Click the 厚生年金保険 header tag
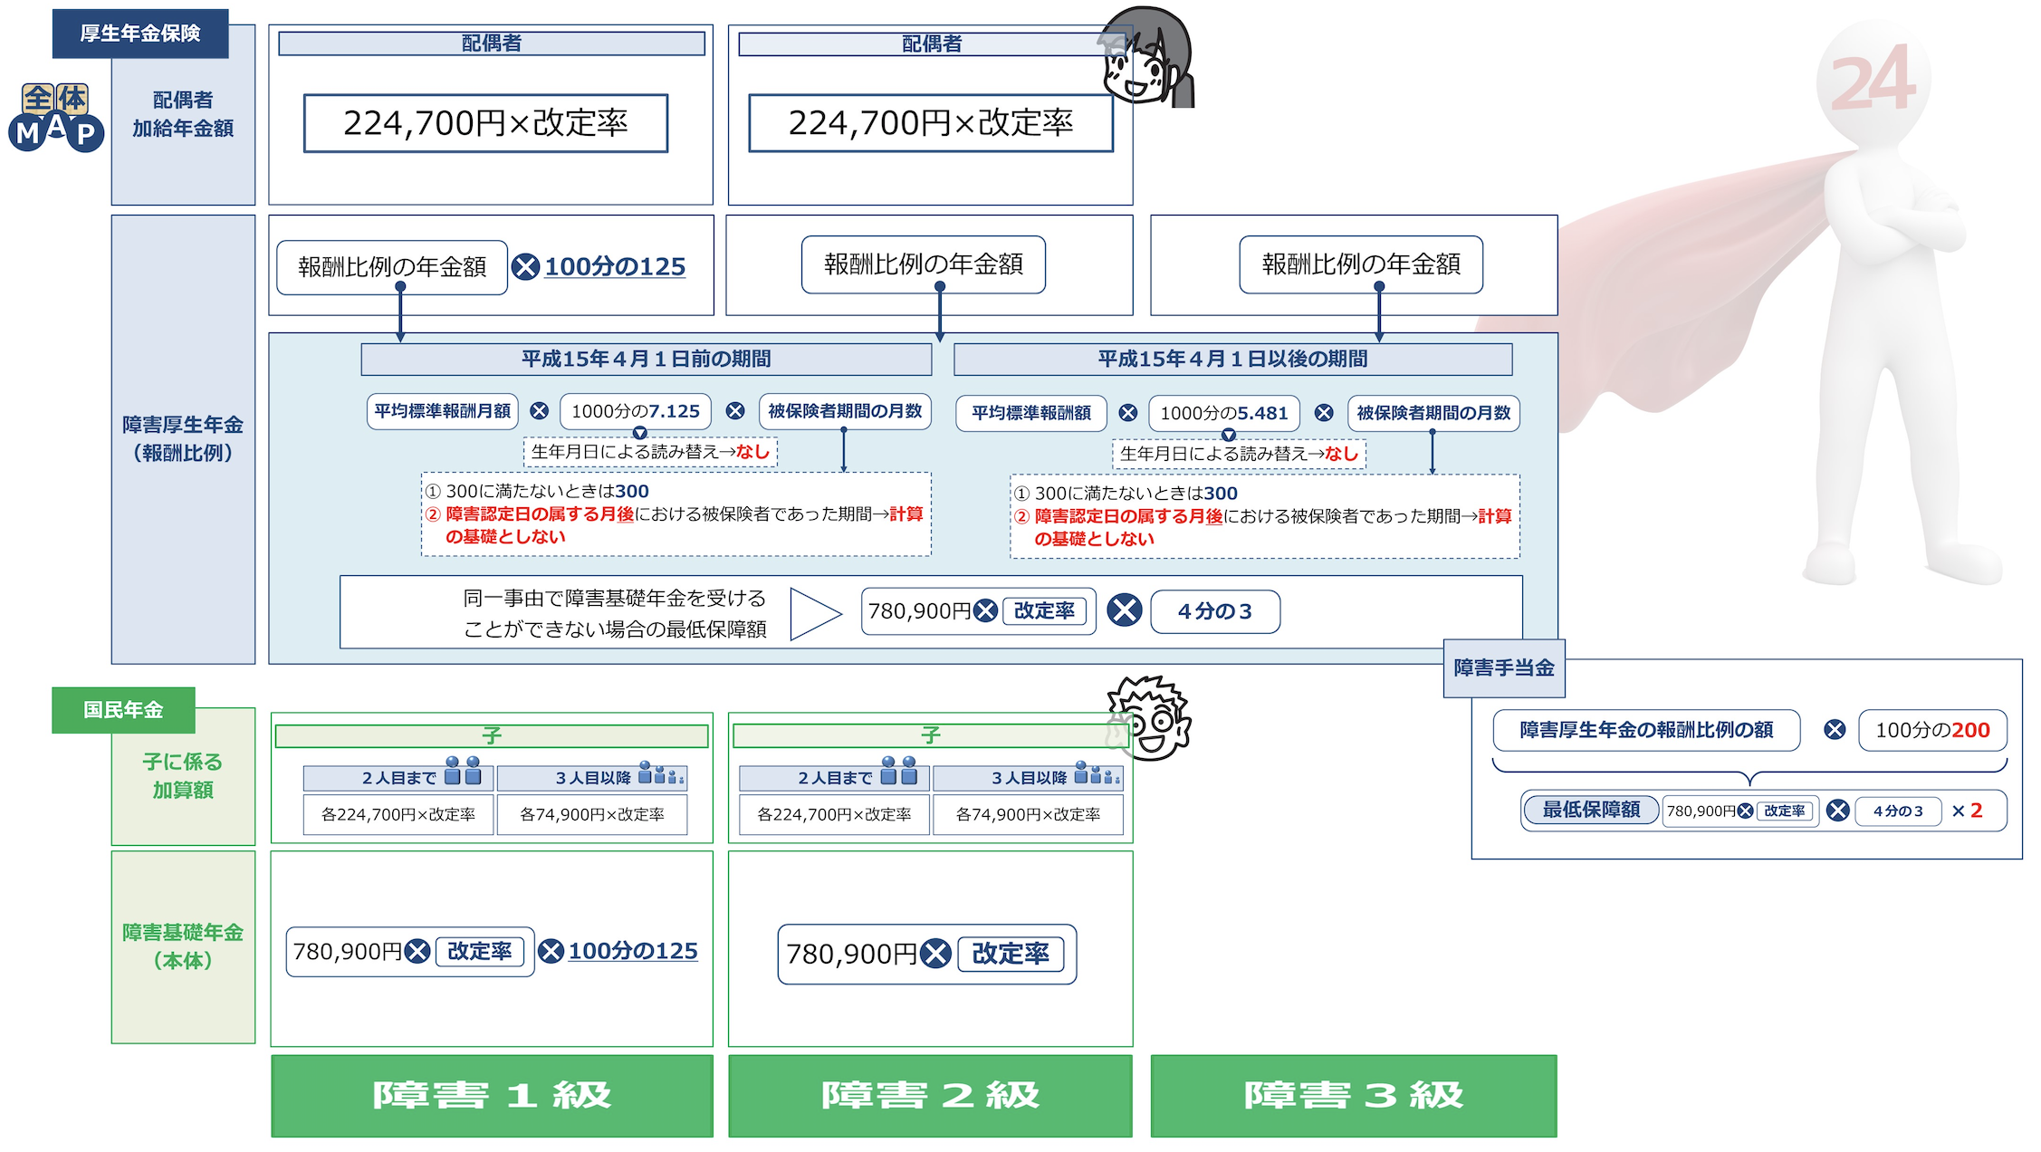coord(140,34)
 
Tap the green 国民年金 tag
coord(123,710)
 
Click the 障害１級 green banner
coord(492,1095)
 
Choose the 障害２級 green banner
coord(930,1095)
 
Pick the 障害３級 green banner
coord(1353,1095)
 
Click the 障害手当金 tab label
coord(1503,668)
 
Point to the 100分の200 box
coord(1932,730)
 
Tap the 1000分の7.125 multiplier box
coord(636,411)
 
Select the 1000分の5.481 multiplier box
coord(1223,413)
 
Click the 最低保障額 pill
coord(1591,810)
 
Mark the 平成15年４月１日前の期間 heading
coord(646,359)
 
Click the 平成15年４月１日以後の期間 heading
coord(1232,359)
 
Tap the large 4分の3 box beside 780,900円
coord(1214,611)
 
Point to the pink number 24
coord(1873,82)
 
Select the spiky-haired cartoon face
coord(1148,717)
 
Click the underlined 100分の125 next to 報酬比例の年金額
coord(615,266)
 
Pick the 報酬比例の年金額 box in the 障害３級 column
coord(1360,264)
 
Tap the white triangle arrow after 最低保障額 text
coord(814,614)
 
